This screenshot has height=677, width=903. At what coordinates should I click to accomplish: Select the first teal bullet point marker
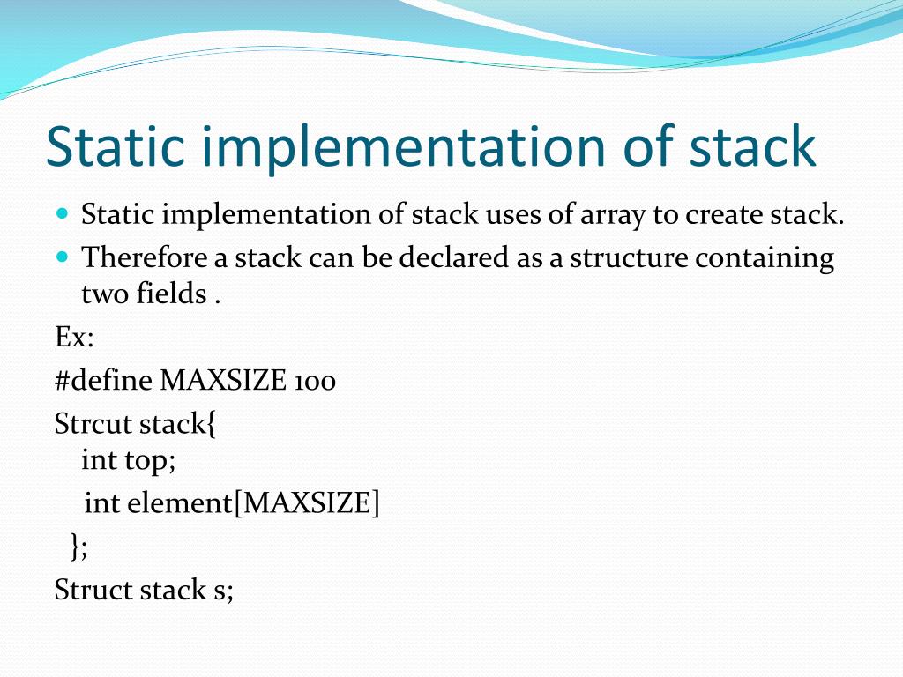(62, 213)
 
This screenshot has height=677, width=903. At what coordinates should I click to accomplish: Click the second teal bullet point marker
(62, 257)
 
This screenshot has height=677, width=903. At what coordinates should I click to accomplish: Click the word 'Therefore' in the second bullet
(145, 257)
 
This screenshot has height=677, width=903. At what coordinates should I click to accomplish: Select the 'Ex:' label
(74, 337)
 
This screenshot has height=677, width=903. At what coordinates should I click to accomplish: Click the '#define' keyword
(103, 381)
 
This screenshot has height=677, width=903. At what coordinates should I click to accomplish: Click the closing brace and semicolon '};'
(78, 547)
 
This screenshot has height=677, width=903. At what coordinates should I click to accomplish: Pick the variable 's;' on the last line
(223, 589)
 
